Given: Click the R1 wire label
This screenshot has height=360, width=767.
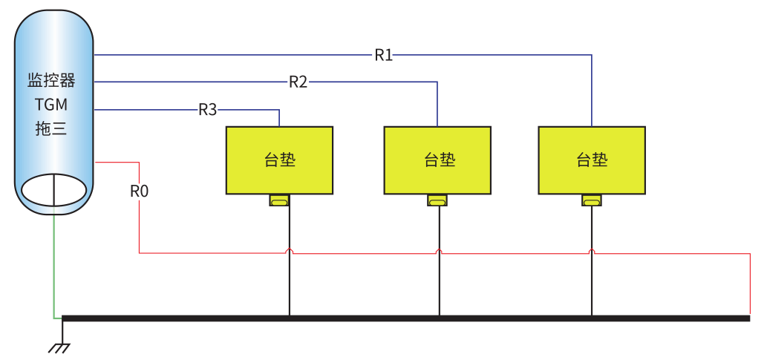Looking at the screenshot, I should coord(383,55).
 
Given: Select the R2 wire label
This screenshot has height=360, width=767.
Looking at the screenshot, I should coord(298,82).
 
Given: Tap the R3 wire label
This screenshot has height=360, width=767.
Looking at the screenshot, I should coord(208,110).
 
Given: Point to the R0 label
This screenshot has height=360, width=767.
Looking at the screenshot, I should coord(140,192).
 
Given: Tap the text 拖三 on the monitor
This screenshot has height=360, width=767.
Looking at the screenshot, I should coord(51,128).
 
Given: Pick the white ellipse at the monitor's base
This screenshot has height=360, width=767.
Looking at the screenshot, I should coord(54,190).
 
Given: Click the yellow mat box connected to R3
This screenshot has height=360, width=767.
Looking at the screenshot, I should coord(279,160).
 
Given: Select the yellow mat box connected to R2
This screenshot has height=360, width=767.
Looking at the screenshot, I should coord(437,160).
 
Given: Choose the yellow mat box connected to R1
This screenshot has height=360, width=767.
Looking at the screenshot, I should coord(592,160).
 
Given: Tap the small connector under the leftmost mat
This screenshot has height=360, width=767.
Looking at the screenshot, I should coord(279,200).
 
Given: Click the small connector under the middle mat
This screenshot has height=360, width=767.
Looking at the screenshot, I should coord(437,200).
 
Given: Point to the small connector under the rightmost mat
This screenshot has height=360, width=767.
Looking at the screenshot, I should coord(592,200).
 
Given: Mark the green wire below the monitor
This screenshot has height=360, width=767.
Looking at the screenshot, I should coord(53,267).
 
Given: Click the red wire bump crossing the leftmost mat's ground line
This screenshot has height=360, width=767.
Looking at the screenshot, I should coord(290,252).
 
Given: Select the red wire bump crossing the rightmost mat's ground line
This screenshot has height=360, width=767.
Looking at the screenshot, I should coord(592,252).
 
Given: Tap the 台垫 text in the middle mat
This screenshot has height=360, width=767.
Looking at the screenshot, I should coord(439,160).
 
